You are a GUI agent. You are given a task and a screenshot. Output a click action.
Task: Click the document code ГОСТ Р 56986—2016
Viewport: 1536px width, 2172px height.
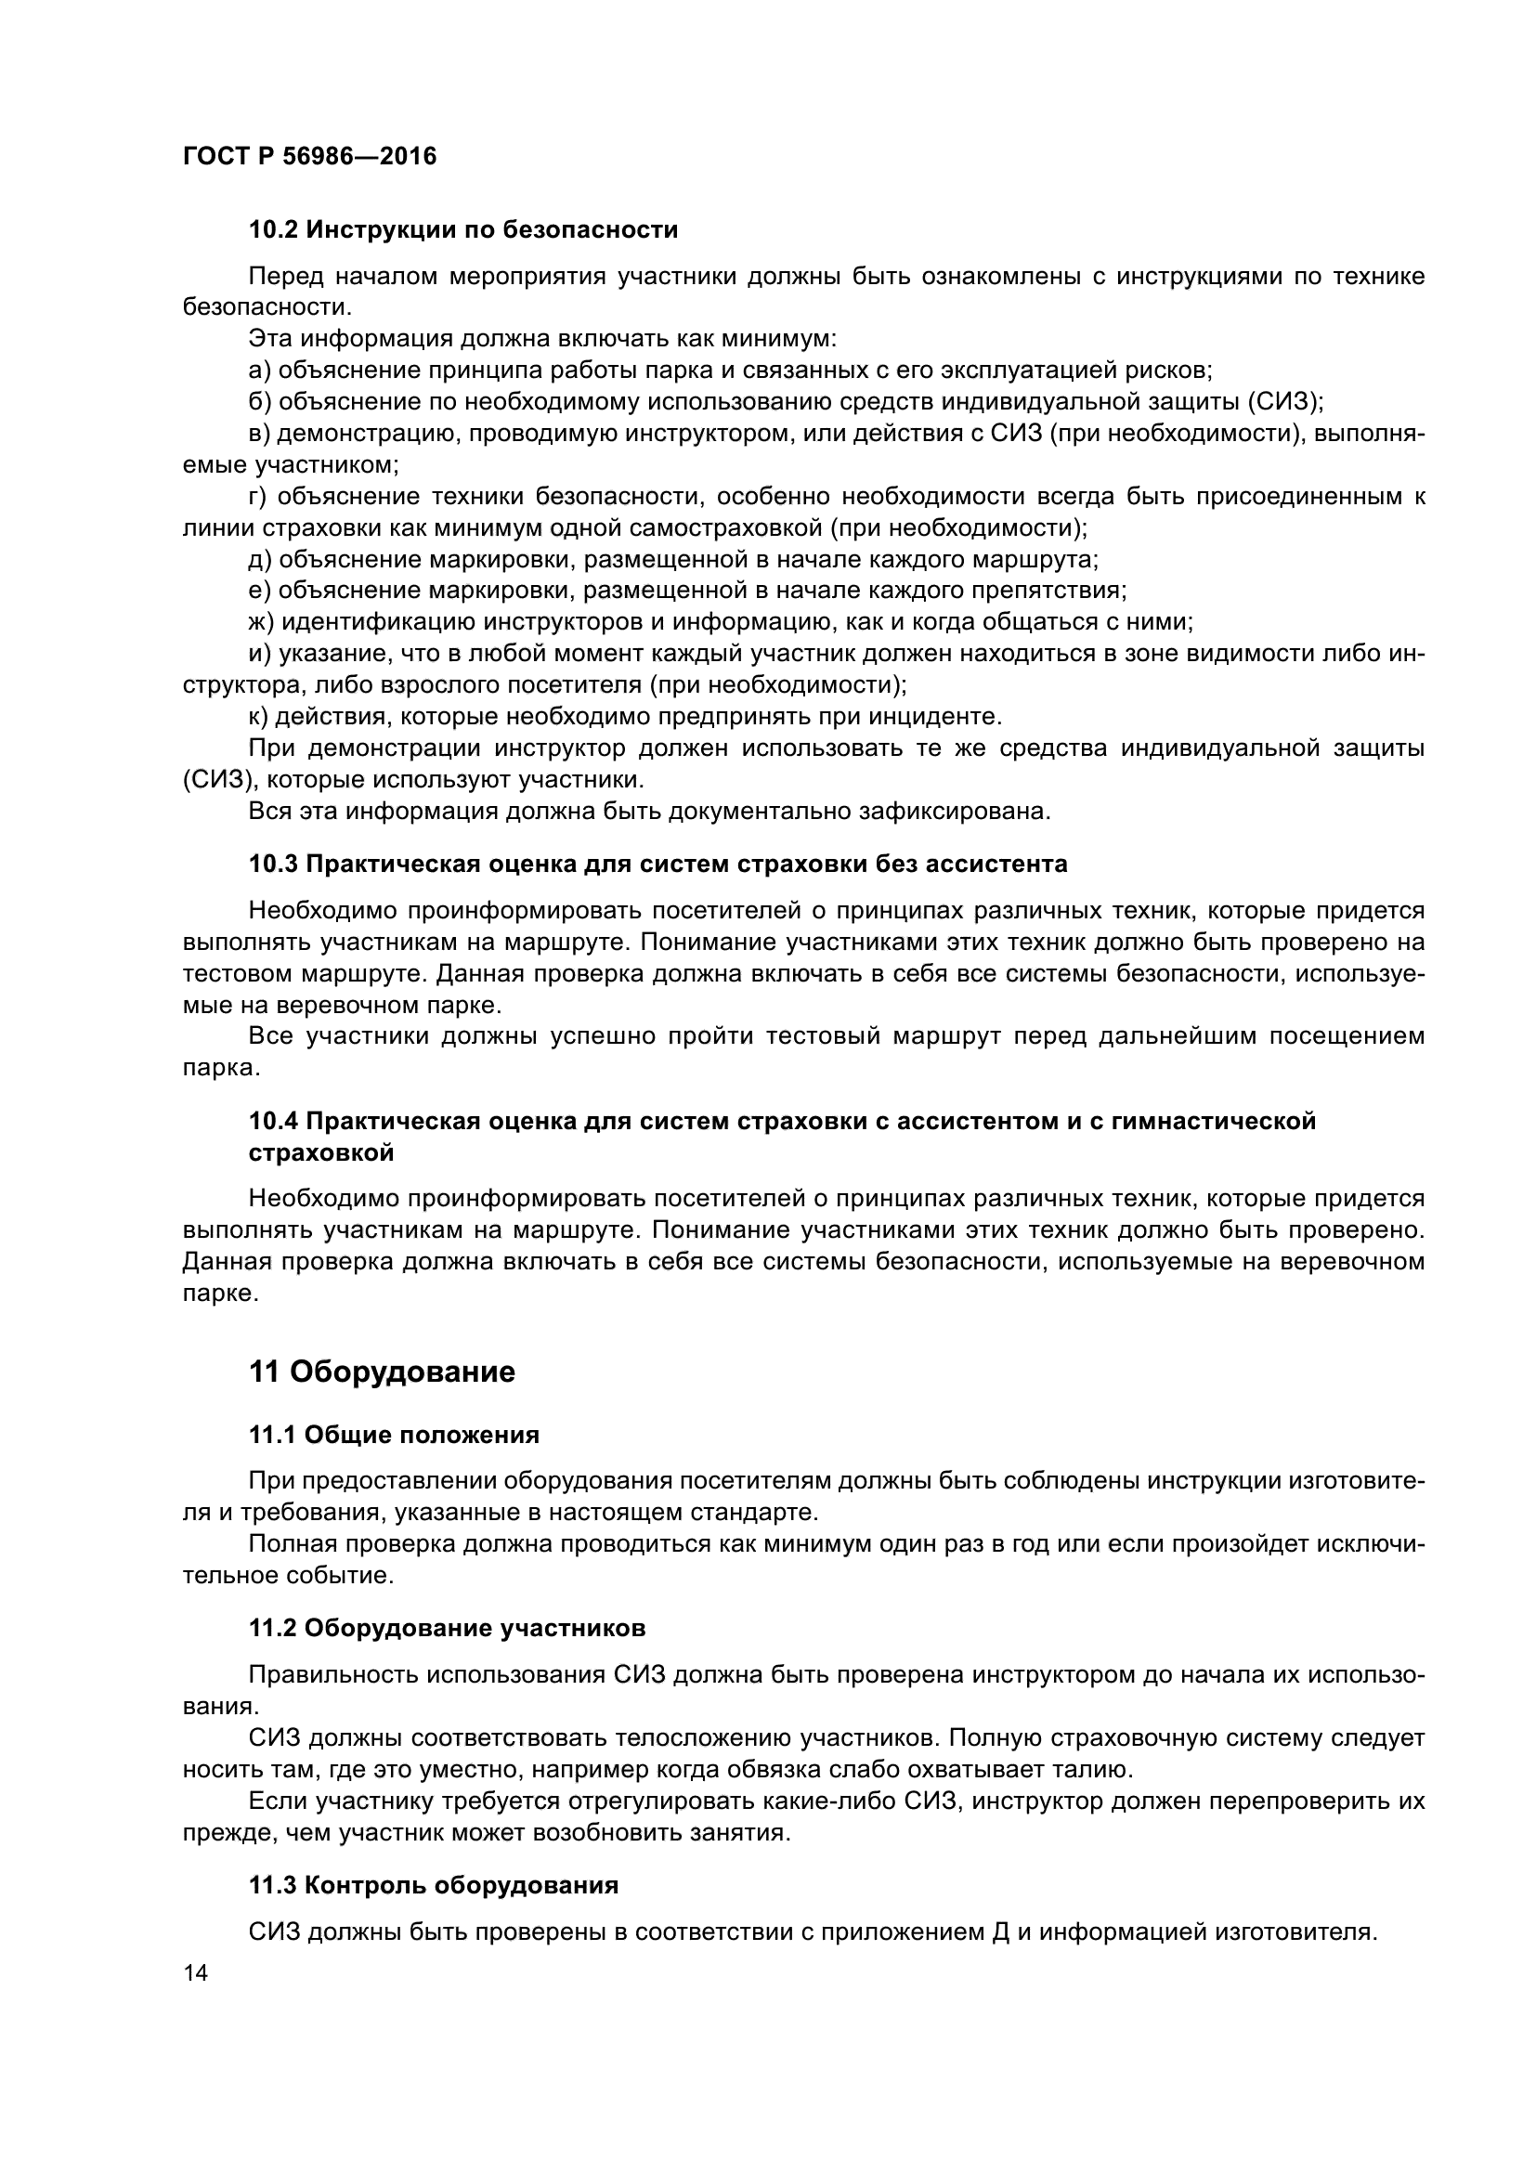[x=309, y=156]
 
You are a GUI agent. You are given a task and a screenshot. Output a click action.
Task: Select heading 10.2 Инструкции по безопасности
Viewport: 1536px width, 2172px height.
[x=463, y=230]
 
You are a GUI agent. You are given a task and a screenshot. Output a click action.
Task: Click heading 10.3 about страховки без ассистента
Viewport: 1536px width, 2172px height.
[x=657, y=864]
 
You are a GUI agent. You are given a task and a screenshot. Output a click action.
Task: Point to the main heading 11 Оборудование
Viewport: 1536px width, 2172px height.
[x=382, y=1372]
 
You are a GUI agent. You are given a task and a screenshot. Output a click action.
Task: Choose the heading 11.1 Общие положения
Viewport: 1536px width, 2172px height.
[x=394, y=1435]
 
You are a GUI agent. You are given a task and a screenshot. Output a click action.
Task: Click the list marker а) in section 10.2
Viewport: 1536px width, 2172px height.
[x=259, y=370]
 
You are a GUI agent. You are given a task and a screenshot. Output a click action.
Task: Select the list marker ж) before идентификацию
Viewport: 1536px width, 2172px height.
[x=261, y=621]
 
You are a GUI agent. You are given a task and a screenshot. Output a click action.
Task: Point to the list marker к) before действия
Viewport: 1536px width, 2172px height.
[x=258, y=715]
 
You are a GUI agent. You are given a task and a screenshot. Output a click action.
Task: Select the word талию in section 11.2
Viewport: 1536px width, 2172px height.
[x=1090, y=1769]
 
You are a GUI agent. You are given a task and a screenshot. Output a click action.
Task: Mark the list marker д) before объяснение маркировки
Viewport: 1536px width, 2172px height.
[x=259, y=559]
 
